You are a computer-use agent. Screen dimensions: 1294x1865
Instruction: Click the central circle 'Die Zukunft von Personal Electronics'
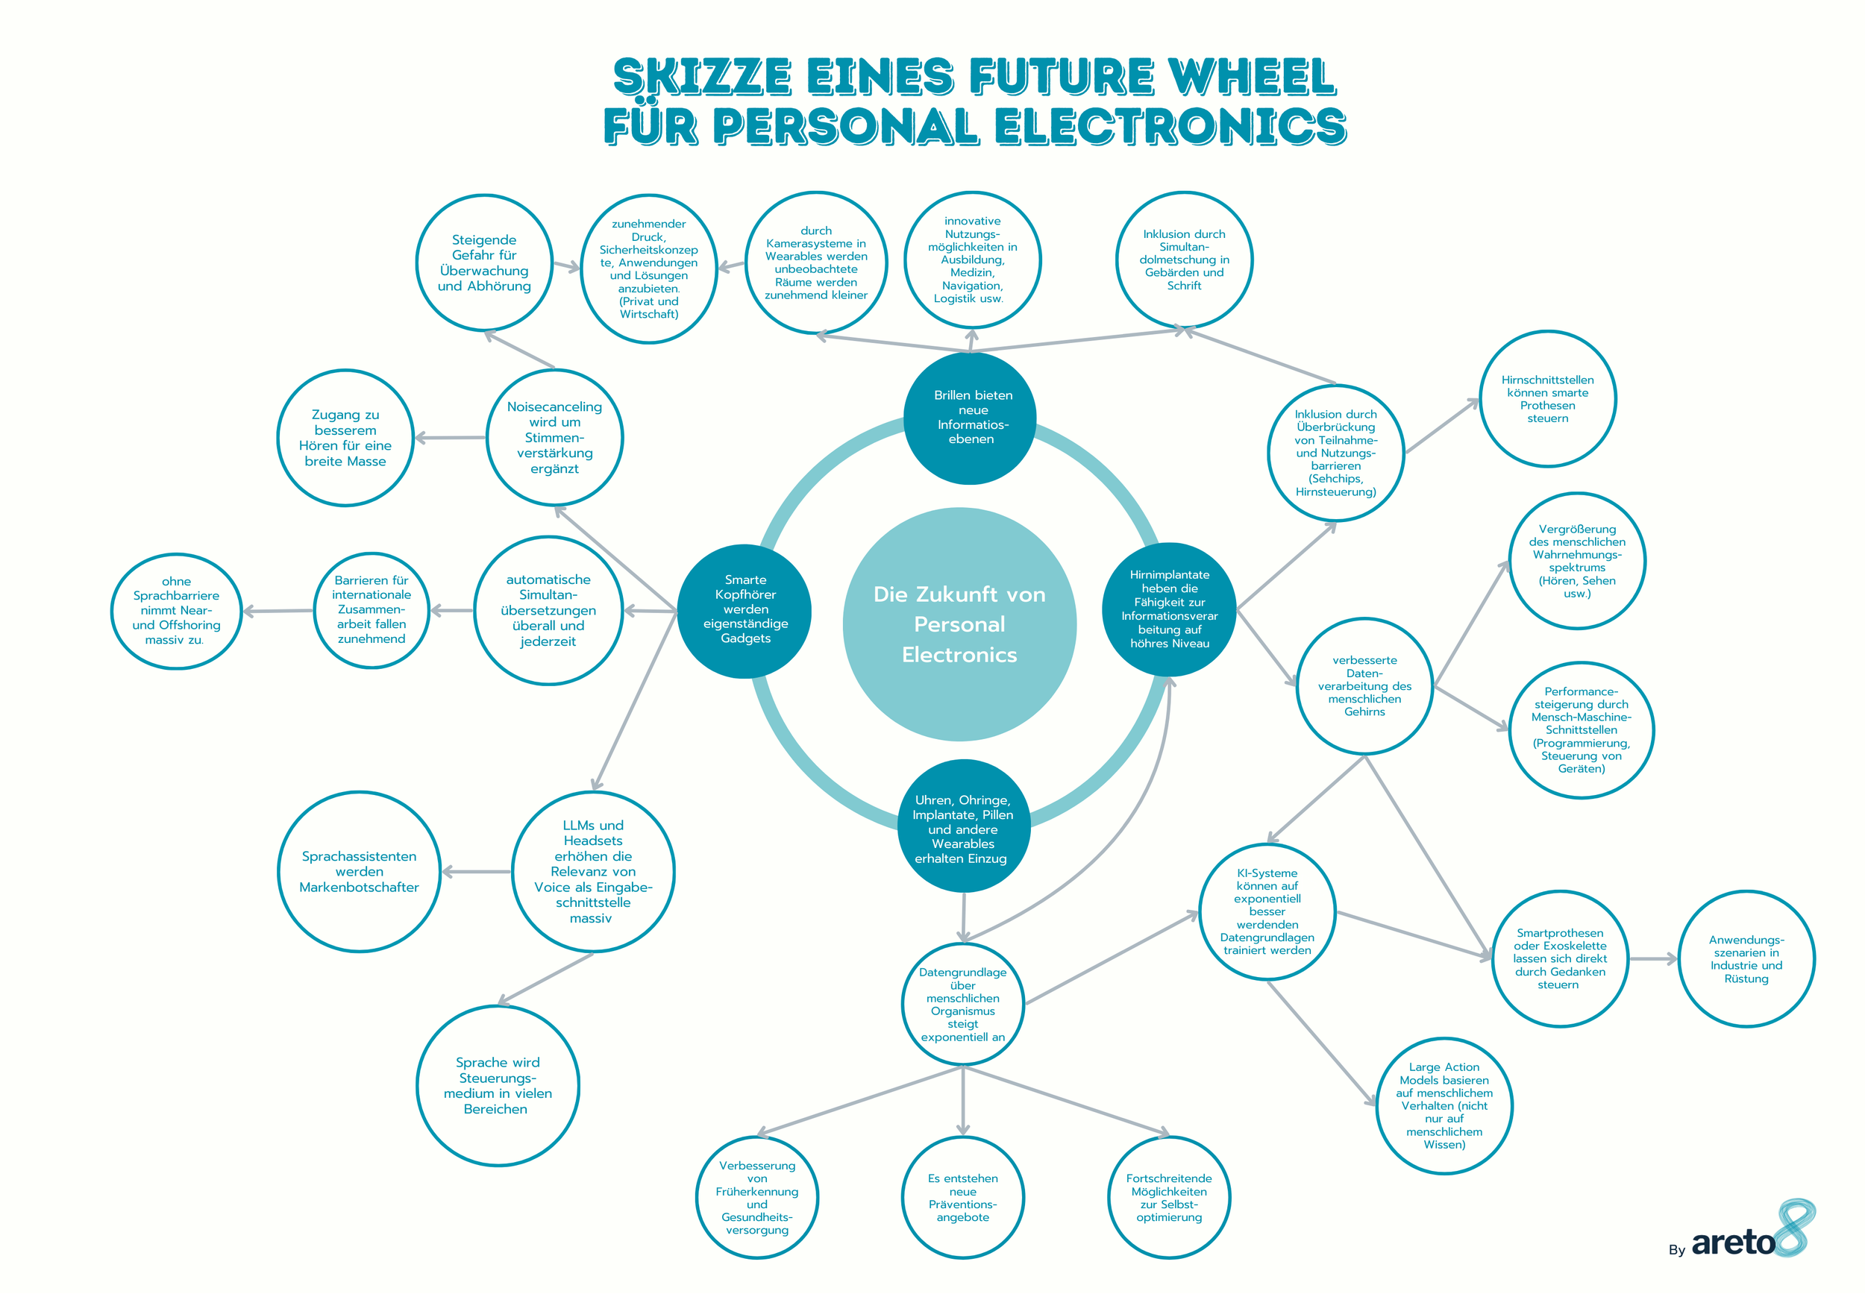point(959,624)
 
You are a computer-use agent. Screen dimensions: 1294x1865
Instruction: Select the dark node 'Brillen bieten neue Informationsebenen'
point(971,418)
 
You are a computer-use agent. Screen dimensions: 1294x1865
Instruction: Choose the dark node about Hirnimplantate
point(1169,609)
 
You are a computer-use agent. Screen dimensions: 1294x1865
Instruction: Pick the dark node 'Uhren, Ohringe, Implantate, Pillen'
point(962,828)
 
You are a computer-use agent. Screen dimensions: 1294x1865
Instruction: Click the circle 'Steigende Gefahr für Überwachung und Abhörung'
point(484,263)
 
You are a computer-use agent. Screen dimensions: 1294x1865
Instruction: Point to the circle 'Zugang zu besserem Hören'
point(345,438)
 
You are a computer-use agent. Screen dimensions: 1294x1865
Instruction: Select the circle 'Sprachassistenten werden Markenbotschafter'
point(360,872)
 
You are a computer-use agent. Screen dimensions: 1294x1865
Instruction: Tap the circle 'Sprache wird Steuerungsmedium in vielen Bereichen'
point(497,1086)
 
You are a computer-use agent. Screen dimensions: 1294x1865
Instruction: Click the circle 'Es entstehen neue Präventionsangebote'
point(962,1198)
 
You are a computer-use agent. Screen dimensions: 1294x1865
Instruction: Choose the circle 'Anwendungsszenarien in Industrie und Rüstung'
point(1746,959)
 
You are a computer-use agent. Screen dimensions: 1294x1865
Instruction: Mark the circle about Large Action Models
point(1444,1106)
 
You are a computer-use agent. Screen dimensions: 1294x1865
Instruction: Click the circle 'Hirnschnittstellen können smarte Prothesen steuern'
point(1547,399)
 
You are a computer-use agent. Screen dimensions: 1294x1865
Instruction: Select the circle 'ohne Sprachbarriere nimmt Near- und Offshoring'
point(177,611)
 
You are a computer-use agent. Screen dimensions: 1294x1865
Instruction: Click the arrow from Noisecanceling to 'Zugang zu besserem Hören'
point(450,438)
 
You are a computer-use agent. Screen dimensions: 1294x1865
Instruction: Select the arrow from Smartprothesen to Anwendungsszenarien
point(1652,959)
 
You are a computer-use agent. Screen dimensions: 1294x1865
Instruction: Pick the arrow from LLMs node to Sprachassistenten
point(477,872)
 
